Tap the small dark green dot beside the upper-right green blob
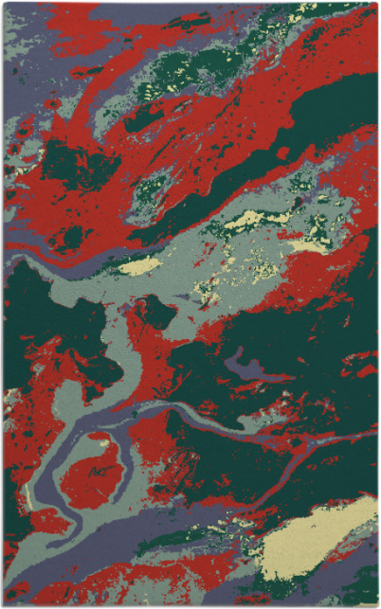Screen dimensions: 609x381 coord(281,152)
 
